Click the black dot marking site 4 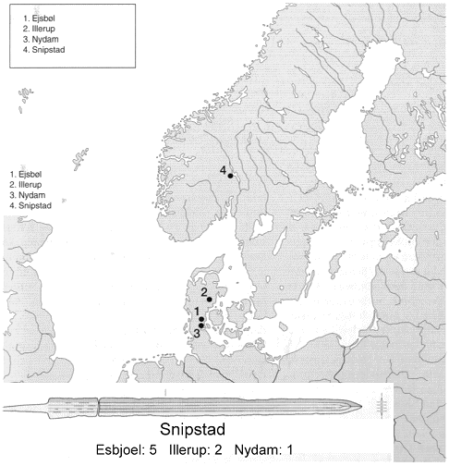[x=230, y=175]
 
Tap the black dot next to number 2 [x=210, y=300]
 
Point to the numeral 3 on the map [x=196, y=334]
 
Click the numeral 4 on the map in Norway [x=223, y=170]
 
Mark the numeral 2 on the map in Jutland [x=203, y=292]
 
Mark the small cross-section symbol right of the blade [x=382, y=404]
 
